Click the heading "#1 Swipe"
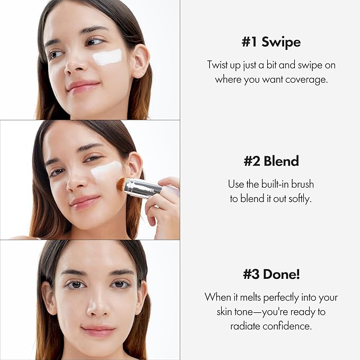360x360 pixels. click(270, 42)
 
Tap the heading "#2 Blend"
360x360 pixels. click(270, 161)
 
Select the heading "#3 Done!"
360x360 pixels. click(271, 275)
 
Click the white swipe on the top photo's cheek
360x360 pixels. click(108, 57)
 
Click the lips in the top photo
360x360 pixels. click(83, 86)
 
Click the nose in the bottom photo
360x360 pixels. click(98, 307)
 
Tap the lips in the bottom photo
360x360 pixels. click(98, 330)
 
